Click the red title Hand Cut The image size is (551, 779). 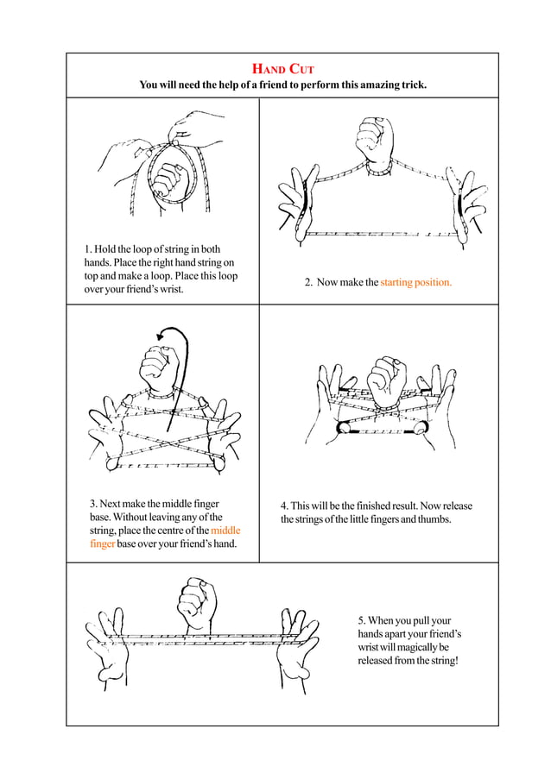pos(282,68)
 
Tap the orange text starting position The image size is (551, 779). pos(415,282)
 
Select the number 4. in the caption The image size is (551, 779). pos(284,506)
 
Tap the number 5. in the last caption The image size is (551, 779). pos(362,620)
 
